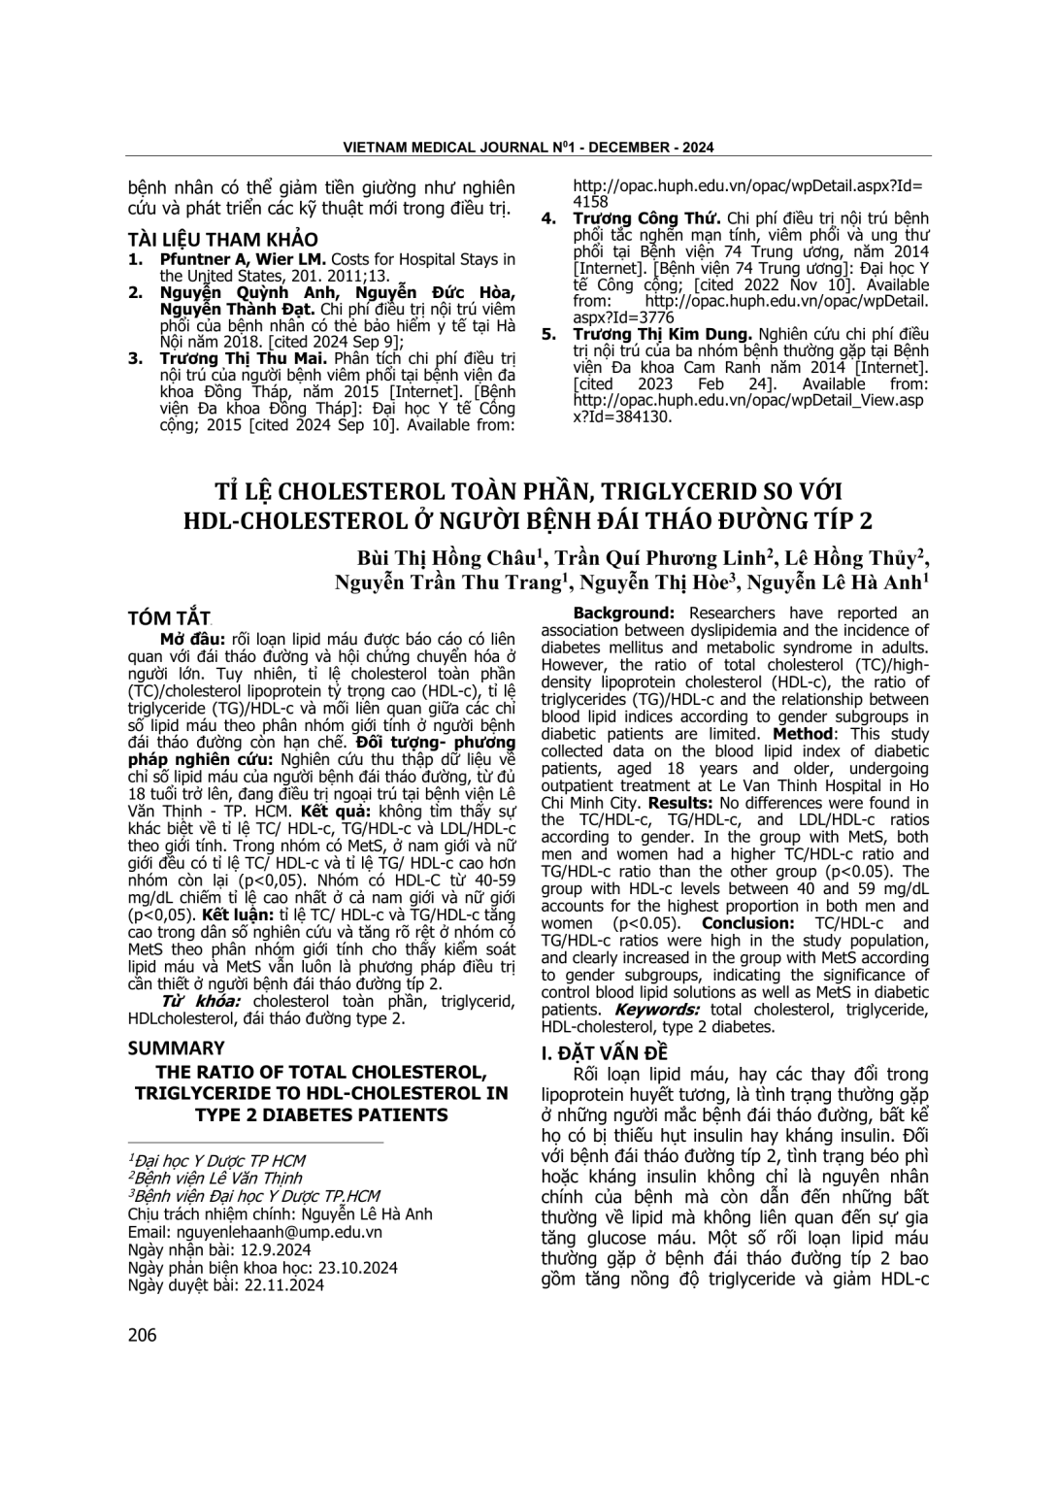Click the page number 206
pos(142,1335)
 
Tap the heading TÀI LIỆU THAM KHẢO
pos(222,239)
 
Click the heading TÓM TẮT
pos(169,618)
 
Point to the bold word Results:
pos(679,803)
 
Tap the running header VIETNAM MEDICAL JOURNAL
pos(442,148)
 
